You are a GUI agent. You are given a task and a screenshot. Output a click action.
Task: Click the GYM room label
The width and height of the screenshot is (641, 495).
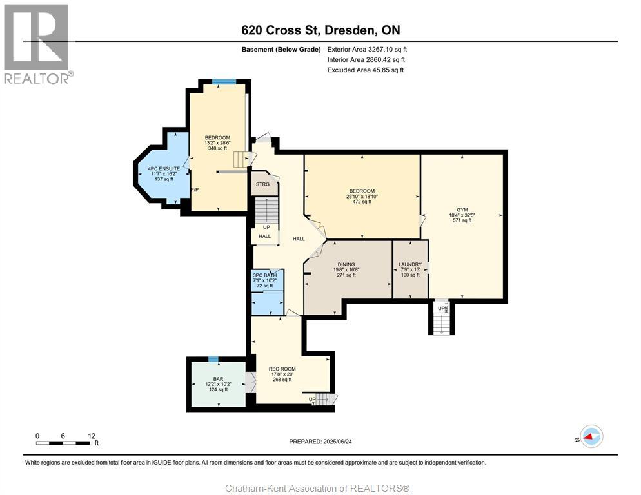click(x=462, y=209)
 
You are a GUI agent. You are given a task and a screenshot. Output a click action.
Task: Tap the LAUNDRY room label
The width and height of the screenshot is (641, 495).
click(x=410, y=264)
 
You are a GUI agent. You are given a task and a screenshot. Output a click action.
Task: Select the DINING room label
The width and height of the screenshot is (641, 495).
click(x=346, y=264)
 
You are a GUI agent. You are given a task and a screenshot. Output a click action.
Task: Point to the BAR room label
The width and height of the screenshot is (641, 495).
click(x=219, y=379)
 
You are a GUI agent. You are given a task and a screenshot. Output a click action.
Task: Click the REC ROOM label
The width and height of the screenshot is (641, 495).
click(x=282, y=369)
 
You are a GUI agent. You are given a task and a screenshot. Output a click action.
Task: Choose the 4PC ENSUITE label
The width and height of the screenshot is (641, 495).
click(x=164, y=168)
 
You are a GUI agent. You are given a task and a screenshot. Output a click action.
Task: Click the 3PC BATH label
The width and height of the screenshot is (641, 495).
click(x=264, y=275)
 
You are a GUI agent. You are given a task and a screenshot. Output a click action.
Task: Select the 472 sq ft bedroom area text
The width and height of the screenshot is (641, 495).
click(x=362, y=202)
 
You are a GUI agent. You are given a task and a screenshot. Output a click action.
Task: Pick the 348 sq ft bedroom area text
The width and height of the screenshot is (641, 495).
click(x=217, y=148)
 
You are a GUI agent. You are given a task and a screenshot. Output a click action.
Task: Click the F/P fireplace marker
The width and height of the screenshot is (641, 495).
click(x=195, y=189)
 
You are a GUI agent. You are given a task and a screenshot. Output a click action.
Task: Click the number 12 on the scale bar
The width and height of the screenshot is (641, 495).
click(x=92, y=436)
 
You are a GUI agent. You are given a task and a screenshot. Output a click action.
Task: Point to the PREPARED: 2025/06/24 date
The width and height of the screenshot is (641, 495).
click(x=320, y=442)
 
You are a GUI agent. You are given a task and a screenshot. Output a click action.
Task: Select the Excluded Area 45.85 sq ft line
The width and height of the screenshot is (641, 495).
click(x=366, y=70)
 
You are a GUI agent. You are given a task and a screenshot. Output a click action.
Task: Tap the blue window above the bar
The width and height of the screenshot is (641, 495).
click(x=213, y=359)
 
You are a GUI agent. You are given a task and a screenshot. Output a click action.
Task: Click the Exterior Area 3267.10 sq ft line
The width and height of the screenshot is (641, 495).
click(x=367, y=50)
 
